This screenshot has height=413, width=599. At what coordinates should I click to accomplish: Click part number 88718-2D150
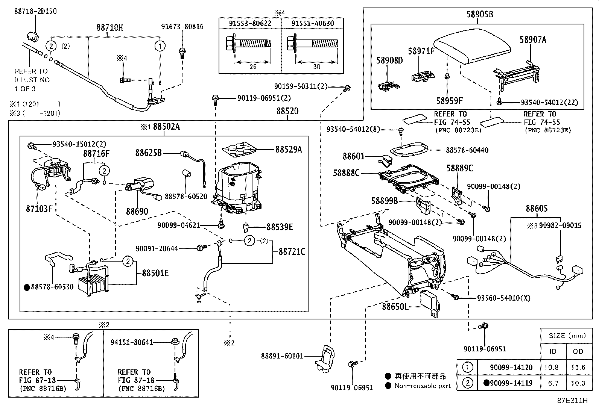[35, 11]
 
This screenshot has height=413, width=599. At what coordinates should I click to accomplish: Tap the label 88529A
[289, 150]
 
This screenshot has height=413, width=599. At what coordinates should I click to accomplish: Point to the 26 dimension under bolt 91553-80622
[253, 67]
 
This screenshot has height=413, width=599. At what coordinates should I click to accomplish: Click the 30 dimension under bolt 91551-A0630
[316, 67]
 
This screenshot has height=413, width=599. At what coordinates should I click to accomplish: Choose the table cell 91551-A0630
[313, 23]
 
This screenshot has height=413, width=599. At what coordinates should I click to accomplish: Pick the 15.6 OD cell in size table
[578, 367]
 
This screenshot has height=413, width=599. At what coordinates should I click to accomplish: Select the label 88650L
[395, 307]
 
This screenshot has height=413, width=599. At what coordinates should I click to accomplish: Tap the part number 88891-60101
[282, 356]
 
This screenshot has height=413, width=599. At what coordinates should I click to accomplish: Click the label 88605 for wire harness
[537, 209]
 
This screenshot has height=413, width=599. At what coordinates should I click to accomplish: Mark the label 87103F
[39, 209]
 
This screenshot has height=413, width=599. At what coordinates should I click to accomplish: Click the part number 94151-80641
[132, 342]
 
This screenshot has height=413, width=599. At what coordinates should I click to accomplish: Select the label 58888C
[346, 173]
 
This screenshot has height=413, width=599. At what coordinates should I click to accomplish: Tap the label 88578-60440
[467, 150]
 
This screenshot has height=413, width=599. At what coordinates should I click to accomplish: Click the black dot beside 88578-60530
[27, 287]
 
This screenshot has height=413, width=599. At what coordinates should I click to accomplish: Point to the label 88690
[137, 212]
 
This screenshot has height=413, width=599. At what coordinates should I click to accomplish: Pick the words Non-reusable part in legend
[423, 386]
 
